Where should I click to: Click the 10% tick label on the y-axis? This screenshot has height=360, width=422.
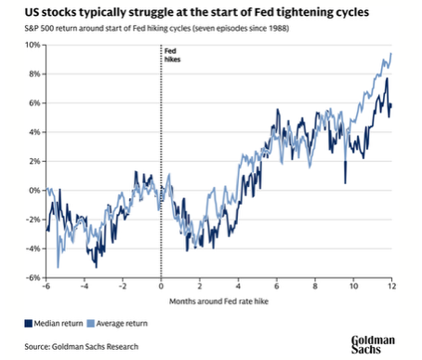click(x=33, y=45)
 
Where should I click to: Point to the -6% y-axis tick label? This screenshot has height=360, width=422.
click(x=33, y=277)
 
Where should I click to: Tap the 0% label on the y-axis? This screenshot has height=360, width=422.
click(x=35, y=191)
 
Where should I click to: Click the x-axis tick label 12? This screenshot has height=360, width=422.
click(x=392, y=286)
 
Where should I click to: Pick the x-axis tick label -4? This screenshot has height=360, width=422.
click(x=85, y=286)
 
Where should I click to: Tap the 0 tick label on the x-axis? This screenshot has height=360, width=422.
click(x=161, y=286)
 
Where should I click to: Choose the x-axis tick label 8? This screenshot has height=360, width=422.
click(x=315, y=286)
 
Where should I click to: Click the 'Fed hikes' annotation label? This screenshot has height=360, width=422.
click(x=172, y=55)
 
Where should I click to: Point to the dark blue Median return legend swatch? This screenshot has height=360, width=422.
click(x=29, y=324)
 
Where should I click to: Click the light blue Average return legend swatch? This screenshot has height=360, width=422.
click(x=90, y=324)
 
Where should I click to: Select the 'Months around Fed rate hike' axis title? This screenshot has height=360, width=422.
click(x=218, y=301)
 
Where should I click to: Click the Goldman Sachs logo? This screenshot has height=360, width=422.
click(x=373, y=344)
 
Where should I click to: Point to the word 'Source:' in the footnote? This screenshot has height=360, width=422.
click(x=37, y=346)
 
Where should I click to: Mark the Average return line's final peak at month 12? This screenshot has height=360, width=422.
click(x=391, y=53)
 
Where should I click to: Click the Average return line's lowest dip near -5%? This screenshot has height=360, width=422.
click(x=58, y=267)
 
